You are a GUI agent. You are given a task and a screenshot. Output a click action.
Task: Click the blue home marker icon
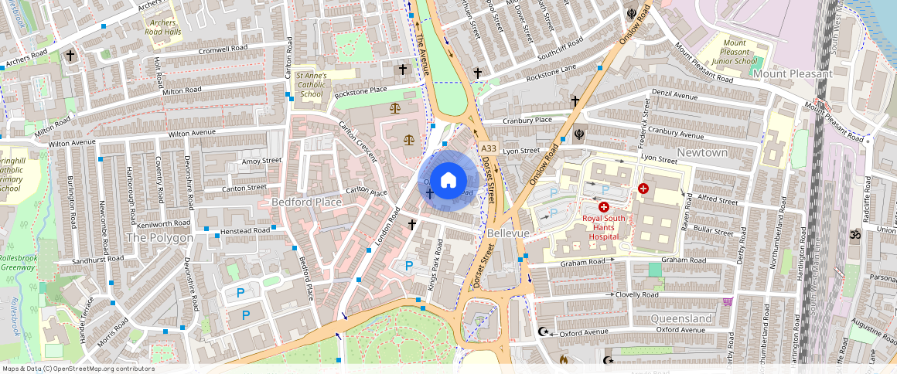point(448,181)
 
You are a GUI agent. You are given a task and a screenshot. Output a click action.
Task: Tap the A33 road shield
point(487,148)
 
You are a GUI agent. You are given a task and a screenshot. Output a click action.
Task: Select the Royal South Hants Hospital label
point(603,227)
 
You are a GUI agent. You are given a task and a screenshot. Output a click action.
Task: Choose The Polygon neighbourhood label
point(159,238)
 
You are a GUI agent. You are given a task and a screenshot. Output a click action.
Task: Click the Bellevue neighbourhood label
point(509,233)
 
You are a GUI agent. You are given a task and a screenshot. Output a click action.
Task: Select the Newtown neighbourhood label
point(702,153)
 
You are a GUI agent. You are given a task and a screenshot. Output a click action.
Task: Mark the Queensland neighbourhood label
point(680,318)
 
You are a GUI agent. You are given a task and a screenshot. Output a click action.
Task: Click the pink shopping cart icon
point(727,302)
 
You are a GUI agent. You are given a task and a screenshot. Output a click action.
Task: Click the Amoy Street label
point(262,161)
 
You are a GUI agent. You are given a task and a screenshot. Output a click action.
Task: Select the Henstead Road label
point(245,230)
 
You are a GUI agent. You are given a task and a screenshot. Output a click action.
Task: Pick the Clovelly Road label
point(637,294)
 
